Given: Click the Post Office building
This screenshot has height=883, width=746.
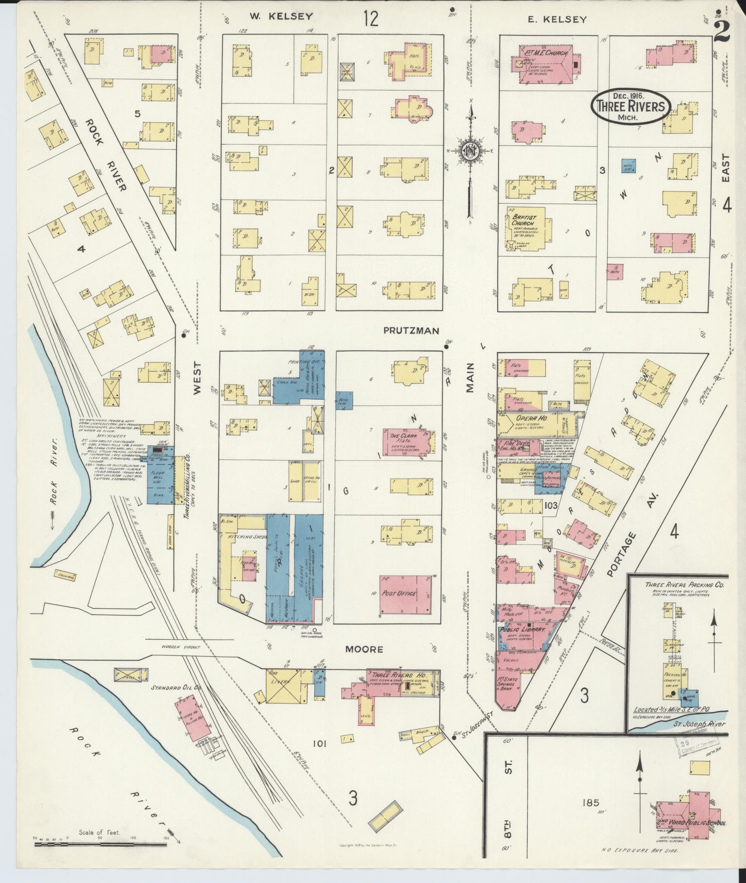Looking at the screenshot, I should [405, 595].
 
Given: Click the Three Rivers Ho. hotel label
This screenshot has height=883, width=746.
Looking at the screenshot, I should [400, 676].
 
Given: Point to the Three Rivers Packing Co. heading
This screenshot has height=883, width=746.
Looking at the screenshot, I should [678, 585].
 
